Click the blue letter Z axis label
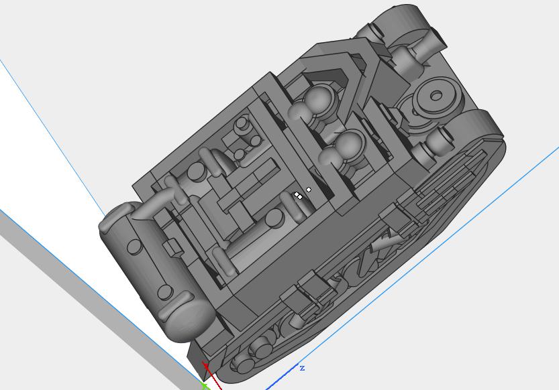(x=303, y=368)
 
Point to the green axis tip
(x=204, y=385)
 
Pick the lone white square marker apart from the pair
(x=309, y=190)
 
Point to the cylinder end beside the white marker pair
(x=275, y=218)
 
